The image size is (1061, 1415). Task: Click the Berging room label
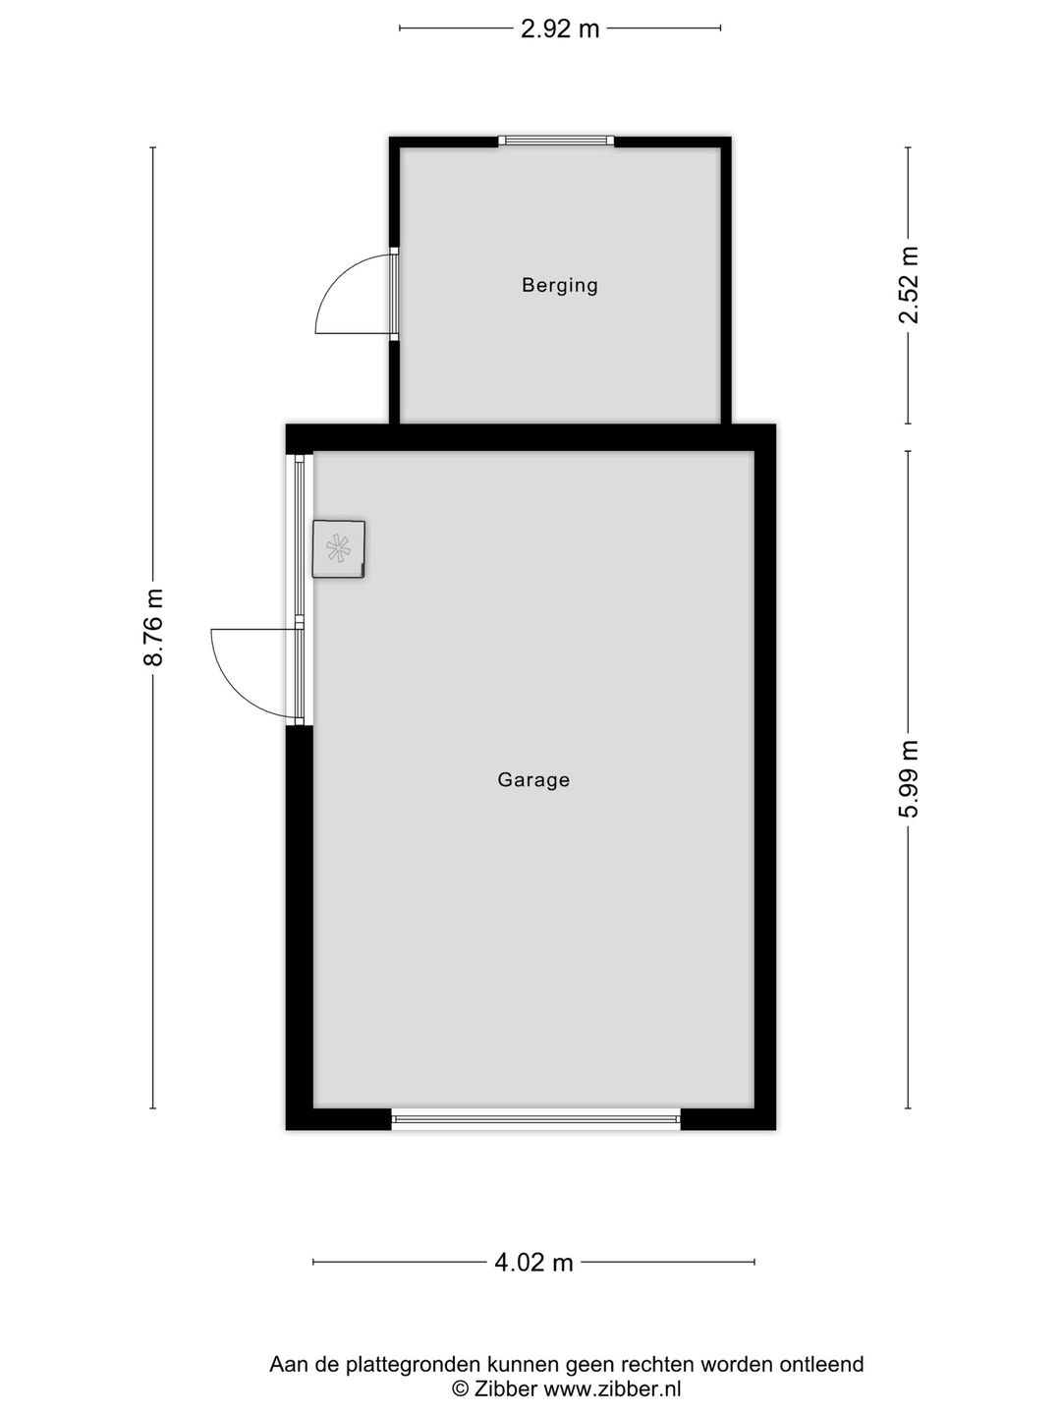click(559, 285)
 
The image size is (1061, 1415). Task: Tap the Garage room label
click(533, 779)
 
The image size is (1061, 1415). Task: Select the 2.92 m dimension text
click(559, 28)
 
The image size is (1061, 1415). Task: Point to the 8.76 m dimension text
click(153, 628)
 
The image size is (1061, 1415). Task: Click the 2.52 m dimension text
click(909, 285)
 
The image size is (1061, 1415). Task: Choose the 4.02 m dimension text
click(533, 1263)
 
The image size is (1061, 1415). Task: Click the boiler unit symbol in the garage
click(338, 548)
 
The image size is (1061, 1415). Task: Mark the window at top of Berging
click(556, 141)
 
